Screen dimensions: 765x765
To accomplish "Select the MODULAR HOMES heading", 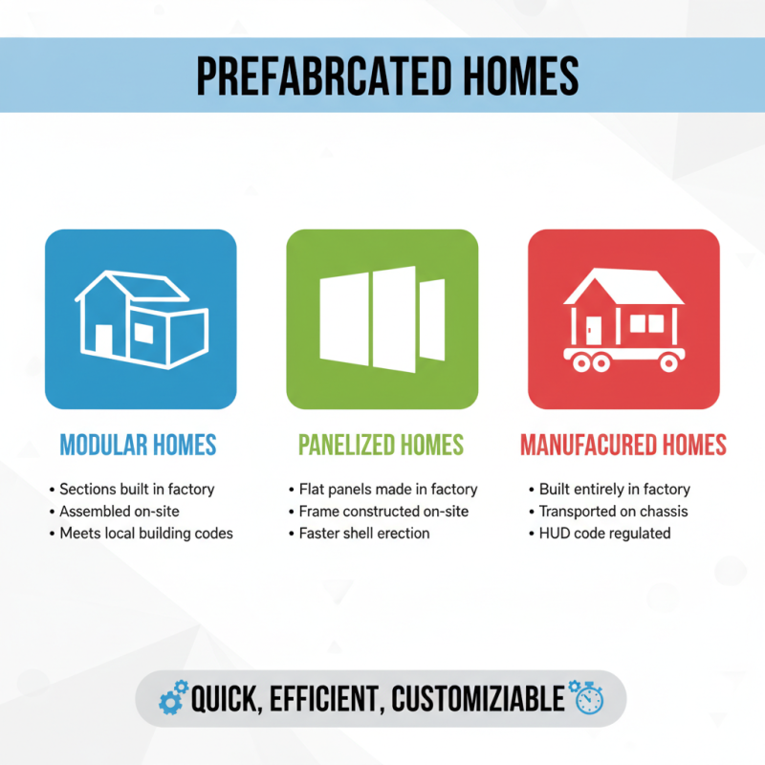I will pos(138,445).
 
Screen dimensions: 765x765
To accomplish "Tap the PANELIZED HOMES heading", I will pos(381,445).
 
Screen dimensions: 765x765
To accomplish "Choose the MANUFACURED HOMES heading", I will pos(623,445).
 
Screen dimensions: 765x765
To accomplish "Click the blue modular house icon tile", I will pos(141,319).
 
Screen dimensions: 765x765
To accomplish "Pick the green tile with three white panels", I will pos(382,319).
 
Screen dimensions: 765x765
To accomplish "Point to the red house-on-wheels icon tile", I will pos(623,319).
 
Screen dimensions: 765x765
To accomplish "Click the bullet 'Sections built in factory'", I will pos(137,489).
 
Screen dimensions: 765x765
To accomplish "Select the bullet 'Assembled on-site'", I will pos(120,511).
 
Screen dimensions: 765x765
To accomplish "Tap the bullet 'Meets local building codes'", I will pos(145,533).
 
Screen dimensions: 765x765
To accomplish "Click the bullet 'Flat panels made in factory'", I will pos(387,489).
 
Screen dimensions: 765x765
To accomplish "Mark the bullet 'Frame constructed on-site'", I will pos(383,511).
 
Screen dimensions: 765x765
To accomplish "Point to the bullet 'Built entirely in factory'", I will pos(614,489).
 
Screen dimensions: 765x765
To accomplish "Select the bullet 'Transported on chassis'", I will pos(613,511).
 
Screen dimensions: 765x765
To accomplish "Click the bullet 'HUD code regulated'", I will pos(604,533).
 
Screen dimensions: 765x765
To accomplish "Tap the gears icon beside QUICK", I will pos(172,699).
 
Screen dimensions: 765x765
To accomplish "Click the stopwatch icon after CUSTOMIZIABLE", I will pos(586,697).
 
